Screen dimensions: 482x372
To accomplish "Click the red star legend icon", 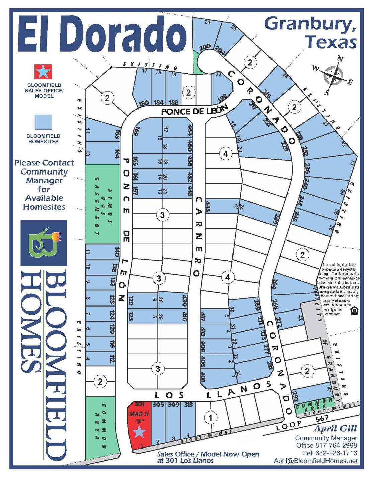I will (43, 72).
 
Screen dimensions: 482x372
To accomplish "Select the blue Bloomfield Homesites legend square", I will (43, 122).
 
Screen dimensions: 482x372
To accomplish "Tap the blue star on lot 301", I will (139, 432).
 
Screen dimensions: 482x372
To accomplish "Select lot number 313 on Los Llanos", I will (188, 405).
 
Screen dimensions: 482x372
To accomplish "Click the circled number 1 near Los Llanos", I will (211, 417).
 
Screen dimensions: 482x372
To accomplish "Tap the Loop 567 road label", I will (303, 423).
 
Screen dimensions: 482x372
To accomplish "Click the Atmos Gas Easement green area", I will (102, 204).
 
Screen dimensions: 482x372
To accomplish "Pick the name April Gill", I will (335, 429).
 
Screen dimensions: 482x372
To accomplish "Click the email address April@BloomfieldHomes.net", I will (315, 461).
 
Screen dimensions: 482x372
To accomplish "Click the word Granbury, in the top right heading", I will (310, 24).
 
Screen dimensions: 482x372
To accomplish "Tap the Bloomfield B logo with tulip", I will (44, 243).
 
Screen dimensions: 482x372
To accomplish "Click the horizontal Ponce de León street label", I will (194, 110).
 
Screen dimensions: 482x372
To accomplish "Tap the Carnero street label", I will (198, 236).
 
